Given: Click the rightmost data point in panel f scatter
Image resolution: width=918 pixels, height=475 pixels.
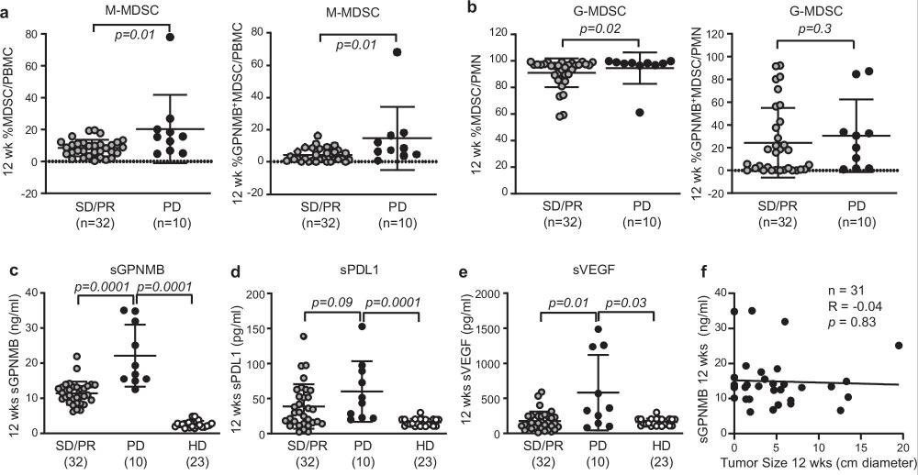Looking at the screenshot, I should pos(899,347).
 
